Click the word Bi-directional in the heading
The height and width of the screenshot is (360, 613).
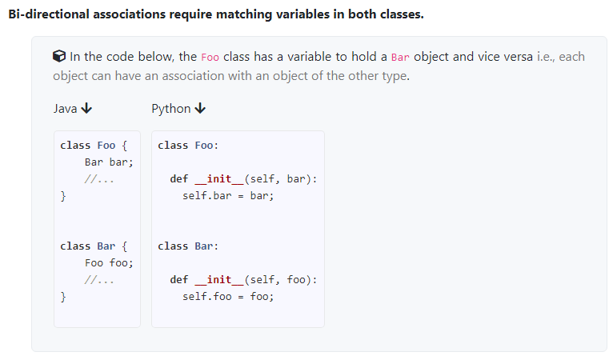(49, 14)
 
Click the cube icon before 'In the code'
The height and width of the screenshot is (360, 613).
(59, 56)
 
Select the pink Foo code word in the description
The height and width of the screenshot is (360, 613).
(210, 58)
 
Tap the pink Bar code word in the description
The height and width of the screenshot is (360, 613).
(400, 58)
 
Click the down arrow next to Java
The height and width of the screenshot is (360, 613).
(86, 108)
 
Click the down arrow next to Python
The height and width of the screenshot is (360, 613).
(200, 108)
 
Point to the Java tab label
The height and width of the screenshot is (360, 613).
(65, 109)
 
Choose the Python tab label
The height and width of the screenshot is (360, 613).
(170, 109)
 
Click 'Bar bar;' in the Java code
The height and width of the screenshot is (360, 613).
(109, 162)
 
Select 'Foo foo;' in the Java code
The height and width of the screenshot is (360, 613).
(109, 262)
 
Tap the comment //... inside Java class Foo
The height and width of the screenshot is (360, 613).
(99, 179)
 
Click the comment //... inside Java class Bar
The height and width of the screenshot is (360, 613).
(99, 280)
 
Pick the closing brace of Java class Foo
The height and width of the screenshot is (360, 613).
(63, 196)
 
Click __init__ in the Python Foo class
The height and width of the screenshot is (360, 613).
(219, 179)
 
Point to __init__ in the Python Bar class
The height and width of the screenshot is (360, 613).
(219, 279)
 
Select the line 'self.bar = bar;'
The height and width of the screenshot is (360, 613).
(228, 196)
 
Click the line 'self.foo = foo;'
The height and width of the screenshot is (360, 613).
(228, 296)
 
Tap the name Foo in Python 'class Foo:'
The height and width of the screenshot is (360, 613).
(204, 146)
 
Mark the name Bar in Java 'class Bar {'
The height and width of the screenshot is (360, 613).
(106, 246)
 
